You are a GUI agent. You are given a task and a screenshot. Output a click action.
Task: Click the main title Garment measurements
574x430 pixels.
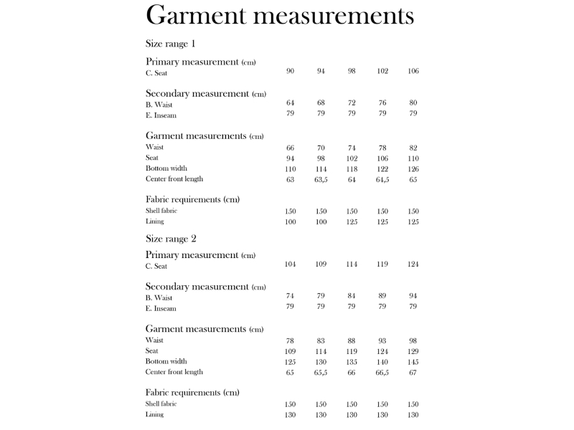point(280,15)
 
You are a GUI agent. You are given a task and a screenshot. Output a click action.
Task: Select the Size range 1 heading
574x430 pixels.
point(170,44)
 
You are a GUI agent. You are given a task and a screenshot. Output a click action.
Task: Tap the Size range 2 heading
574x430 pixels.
point(171,239)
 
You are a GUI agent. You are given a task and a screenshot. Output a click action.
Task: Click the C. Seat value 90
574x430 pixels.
point(291,71)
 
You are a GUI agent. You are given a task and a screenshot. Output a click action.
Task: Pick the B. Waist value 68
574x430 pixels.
point(321,103)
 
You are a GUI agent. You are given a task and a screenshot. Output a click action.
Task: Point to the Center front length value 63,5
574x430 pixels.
point(321,180)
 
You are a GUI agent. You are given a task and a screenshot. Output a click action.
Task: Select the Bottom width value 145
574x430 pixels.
point(413,362)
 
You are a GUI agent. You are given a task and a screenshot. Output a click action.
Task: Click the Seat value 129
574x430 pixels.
point(413,352)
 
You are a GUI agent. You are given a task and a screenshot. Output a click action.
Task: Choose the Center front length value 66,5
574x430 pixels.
point(382,373)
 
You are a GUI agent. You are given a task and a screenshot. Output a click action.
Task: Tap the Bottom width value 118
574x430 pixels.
point(352,169)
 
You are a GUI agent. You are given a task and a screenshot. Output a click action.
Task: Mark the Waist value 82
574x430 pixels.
point(413,148)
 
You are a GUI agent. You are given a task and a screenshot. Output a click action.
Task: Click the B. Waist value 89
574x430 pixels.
point(382,296)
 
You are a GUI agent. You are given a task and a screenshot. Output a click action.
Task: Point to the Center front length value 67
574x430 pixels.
point(413,373)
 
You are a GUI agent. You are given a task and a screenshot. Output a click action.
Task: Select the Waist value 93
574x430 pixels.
point(382,341)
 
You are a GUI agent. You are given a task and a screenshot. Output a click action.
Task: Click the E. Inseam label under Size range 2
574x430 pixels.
point(161,309)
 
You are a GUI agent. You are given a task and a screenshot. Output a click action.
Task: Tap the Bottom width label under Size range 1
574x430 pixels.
point(166,168)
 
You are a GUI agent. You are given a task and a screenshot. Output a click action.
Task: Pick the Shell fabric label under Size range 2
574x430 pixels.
point(161,404)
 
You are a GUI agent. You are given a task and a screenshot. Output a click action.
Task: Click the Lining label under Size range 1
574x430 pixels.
point(154,221)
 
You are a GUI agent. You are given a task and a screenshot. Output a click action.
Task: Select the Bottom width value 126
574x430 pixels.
point(413,169)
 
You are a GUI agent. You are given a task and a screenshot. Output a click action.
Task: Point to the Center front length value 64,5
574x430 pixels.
point(382,180)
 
